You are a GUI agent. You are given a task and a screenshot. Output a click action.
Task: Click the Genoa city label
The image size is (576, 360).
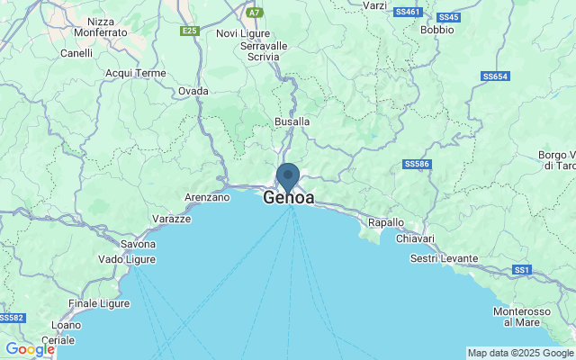(289, 197)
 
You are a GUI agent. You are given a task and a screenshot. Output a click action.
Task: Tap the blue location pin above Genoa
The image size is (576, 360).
(288, 175)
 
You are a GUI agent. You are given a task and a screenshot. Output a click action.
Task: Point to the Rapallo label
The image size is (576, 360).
(387, 222)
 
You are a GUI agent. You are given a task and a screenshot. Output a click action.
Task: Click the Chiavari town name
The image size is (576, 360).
(416, 239)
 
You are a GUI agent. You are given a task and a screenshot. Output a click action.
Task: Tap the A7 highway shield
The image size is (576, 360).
(256, 13)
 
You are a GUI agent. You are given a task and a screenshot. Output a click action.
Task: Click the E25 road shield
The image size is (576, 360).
(189, 31)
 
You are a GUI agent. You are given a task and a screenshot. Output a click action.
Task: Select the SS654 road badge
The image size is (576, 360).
(495, 76)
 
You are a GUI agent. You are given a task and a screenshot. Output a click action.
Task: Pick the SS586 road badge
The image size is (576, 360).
(418, 164)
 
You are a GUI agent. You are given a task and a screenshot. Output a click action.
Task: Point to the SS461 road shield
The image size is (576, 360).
(408, 12)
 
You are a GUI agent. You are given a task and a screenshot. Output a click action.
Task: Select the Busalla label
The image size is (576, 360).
(292, 121)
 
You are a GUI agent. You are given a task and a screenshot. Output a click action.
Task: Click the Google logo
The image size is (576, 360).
(30, 349)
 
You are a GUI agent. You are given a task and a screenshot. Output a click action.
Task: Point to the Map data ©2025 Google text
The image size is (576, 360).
(519, 353)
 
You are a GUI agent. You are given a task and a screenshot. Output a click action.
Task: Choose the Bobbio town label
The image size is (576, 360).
(437, 29)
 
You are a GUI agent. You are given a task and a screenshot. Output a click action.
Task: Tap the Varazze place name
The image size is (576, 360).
(170, 219)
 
